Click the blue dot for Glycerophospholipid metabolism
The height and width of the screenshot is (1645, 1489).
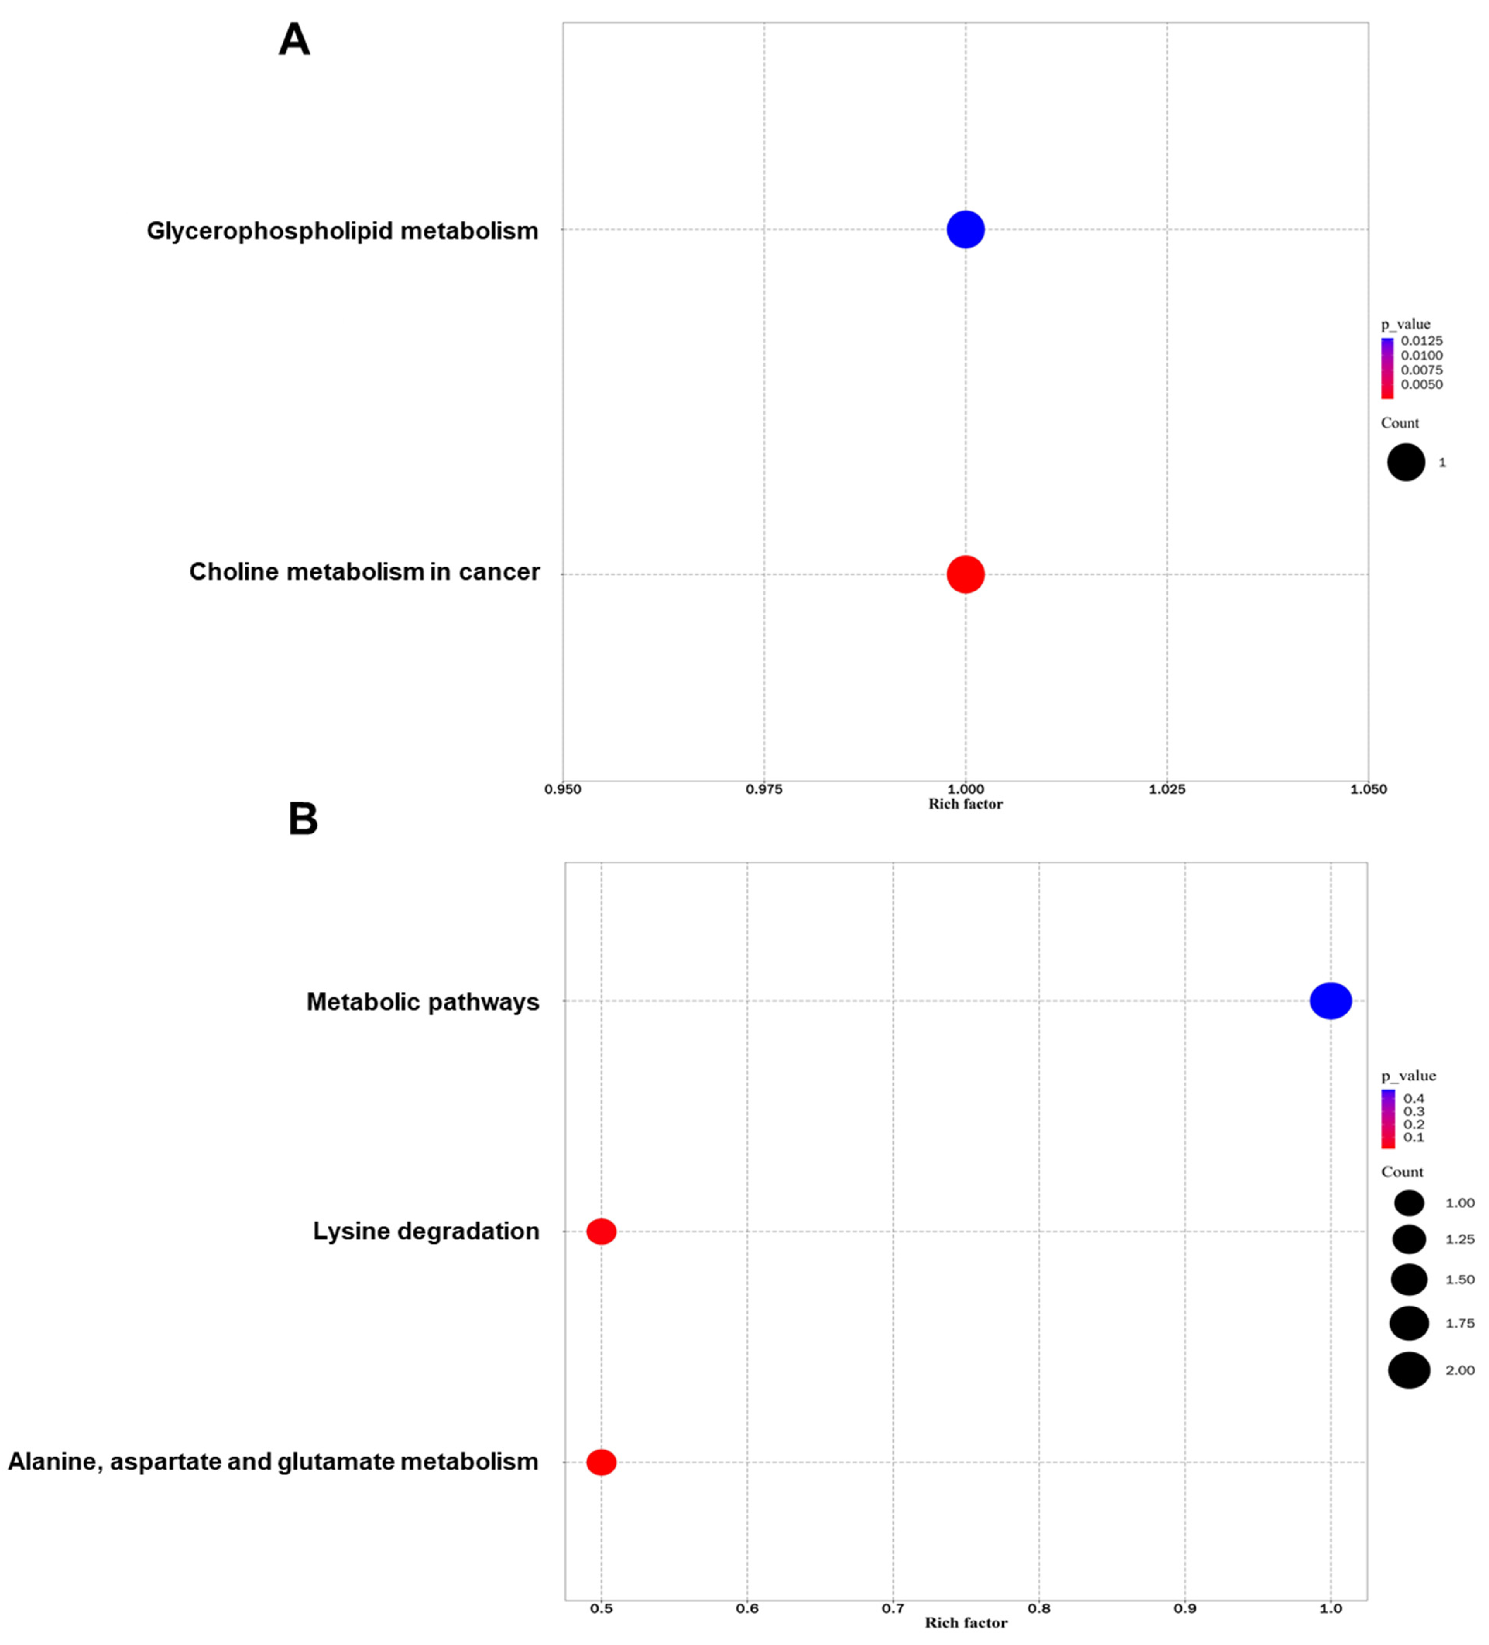click(965, 229)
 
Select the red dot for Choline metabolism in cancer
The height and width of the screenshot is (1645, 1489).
click(965, 574)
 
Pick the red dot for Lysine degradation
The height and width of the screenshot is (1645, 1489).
click(601, 1231)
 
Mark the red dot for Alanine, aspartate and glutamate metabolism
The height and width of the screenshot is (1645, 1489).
click(601, 1462)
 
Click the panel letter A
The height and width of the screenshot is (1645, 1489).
click(294, 39)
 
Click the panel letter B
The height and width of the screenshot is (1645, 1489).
click(303, 819)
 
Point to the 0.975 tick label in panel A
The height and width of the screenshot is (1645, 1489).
click(764, 789)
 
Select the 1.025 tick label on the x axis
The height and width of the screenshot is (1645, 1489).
click(1166, 789)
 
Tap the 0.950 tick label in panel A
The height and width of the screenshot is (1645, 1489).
click(563, 789)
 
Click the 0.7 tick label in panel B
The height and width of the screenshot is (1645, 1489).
click(892, 1608)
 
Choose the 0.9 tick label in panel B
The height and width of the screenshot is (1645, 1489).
click(1185, 1608)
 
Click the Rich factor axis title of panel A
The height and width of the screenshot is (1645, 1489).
click(965, 804)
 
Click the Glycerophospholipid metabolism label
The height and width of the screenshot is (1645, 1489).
click(342, 231)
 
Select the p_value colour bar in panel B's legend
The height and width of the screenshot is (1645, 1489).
click(1388, 1118)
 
